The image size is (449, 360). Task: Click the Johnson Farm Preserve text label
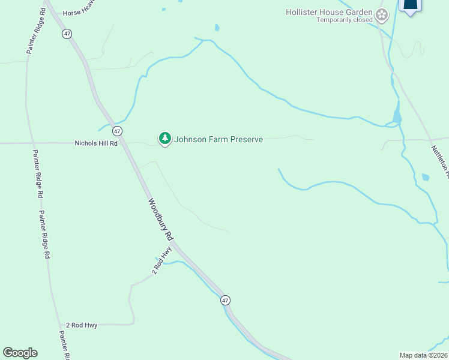tap(218, 140)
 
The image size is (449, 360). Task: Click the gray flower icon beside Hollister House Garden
tap(381, 14)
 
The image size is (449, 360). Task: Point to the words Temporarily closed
tap(345, 20)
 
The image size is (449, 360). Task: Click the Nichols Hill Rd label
tap(96, 143)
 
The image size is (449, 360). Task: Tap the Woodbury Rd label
tap(161, 220)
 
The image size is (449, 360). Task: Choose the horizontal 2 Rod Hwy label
tap(82, 325)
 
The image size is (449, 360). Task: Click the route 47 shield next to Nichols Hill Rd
tap(117, 131)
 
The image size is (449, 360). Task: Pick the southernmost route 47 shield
tap(224, 299)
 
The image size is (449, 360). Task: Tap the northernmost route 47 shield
tap(67, 34)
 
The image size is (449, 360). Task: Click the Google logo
tap(20, 353)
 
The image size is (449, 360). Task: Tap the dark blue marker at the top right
tap(411, 5)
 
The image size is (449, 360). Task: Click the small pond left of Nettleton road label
tap(426, 177)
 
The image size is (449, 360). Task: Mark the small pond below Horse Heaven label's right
tap(217, 28)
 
